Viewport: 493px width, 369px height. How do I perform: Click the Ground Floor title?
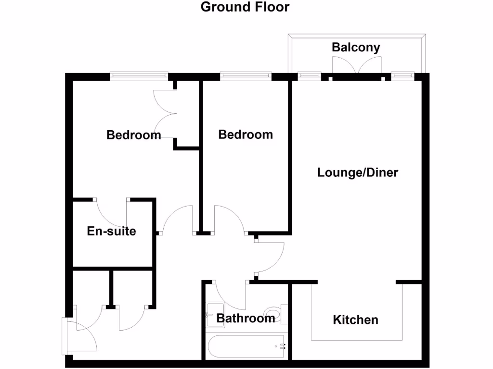click(x=245, y=7)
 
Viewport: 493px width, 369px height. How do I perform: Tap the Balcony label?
click(x=356, y=47)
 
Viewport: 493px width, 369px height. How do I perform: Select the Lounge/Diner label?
click(x=358, y=172)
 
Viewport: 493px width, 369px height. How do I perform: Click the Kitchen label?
click(x=355, y=320)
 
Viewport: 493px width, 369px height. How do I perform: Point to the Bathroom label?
click(x=245, y=318)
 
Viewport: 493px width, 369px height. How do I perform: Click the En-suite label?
click(x=111, y=231)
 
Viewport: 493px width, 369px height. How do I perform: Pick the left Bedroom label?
click(x=133, y=135)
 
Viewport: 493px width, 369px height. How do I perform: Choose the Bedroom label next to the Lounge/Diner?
click(x=246, y=135)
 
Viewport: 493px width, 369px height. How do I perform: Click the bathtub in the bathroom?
click(x=246, y=346)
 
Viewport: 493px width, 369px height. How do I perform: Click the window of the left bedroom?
click(x=139, y=75)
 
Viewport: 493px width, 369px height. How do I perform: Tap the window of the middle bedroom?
click(x=246, y=75)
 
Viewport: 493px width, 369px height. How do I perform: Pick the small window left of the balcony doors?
click(x=310, y=75)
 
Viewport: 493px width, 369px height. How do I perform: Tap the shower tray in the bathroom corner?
click(x=213, y=313)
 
